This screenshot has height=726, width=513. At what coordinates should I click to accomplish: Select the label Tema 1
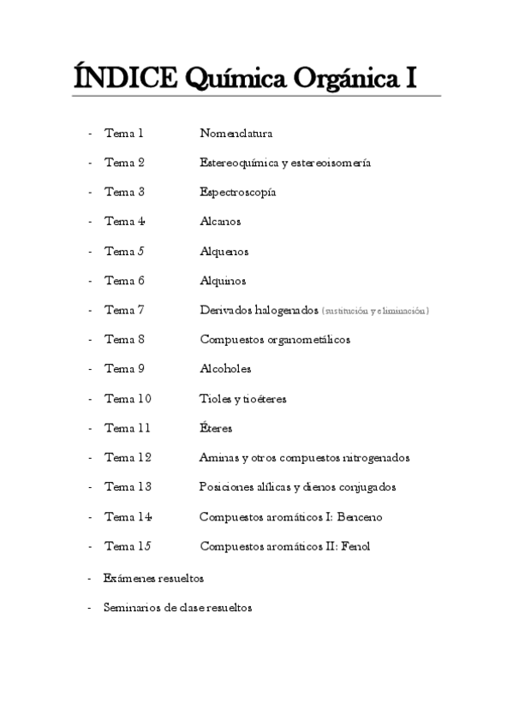point(123,133)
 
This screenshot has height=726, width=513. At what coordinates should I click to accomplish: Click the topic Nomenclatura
point(236,133)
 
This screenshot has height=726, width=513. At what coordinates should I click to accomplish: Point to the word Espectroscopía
point(237,193)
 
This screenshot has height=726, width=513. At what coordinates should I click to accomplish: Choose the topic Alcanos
point(220,222)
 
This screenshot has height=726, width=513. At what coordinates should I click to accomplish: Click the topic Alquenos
point(224,252)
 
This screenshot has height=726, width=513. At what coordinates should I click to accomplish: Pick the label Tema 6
point(124,281)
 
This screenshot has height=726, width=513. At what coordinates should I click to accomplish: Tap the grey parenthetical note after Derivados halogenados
point(375,311)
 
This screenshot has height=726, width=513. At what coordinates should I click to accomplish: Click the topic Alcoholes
point(225,369)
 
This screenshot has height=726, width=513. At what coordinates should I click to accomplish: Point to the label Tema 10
point(128,399)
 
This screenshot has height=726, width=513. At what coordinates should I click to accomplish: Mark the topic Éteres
point(216,428)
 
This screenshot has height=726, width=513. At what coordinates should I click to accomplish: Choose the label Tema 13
point(128,487)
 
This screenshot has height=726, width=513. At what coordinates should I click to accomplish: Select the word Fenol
point(354,546)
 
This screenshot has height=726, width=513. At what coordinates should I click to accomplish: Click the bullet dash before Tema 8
point(90,340)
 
